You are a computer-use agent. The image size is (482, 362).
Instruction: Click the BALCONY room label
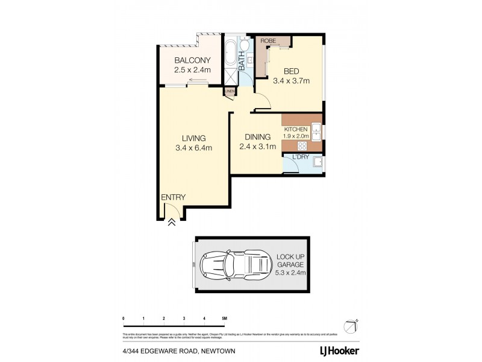click(x=193, y=60)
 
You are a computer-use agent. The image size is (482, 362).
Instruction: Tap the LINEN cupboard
click(x=230, y=92)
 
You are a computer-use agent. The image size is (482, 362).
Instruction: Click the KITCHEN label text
click(x=296, y=129)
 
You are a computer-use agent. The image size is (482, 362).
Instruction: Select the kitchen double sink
click(x=315, y=129)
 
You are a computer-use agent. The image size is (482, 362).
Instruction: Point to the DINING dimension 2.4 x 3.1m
click(x=257, y=147)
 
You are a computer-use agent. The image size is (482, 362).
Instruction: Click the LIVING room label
click(x=190, y=138)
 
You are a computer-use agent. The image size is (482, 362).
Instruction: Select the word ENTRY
click(x=174, y=197)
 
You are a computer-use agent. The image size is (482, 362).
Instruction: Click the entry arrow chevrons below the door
click(x=172, y=221)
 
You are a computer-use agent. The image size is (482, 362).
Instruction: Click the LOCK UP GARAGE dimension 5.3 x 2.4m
click(x=292, y=273)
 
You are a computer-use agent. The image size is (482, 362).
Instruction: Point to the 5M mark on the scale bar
click(x=224, y=317)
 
